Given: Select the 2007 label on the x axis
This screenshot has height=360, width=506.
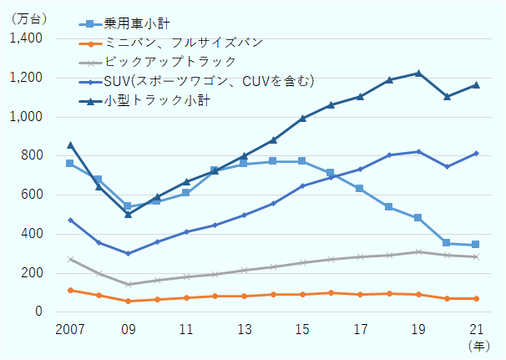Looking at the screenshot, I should pos(70,328).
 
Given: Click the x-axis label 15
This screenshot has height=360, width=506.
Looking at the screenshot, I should pos(301,328).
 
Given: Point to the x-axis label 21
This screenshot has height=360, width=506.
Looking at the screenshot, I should pos(475,328).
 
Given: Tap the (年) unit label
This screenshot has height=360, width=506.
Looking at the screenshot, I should pos(479,344).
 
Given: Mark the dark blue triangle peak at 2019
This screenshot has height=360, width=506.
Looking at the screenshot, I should pos(417,73).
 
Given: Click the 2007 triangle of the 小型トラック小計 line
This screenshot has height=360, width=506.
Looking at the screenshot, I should pos(70,145).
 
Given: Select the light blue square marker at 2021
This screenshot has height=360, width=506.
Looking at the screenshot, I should pos(475,245).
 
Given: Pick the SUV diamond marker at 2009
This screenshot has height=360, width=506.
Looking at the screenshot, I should pos(128,253).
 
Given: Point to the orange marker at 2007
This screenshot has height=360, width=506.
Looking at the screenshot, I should pos(70,290).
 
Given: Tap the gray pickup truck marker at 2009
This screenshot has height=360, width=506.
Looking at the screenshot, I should pos(128,284).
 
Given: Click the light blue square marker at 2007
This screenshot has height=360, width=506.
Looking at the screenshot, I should pos(70,163).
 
